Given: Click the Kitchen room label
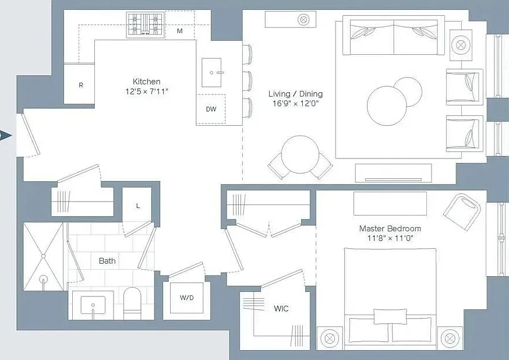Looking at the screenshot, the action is tap(146, 82).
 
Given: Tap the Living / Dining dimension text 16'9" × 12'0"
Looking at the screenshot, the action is tap(295, 104).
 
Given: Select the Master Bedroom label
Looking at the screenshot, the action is tap(390, 228).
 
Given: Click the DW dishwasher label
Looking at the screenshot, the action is tap(211, 109).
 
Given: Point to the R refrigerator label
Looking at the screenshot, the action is tap(81, 85).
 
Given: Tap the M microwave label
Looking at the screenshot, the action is tap(179, 31).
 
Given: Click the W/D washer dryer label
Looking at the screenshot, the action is tap(187, 297).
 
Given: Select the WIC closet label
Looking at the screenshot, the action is tap(281, 308).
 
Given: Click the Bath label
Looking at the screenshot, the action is tap(107, 261).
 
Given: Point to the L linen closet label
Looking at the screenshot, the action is tap(138, 206).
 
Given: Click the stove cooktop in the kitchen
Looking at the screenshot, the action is tap(145, 24).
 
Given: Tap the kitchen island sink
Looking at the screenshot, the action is tap(211, 73).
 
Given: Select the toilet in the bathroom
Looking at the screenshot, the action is tap(132, 303).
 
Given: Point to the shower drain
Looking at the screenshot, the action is tap(43, 279).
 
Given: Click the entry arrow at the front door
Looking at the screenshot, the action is tap(5, 135).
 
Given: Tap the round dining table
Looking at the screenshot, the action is tap(300, 154).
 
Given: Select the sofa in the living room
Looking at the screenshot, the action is tap(394, 35).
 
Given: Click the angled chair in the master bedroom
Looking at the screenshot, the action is tap(462, 211).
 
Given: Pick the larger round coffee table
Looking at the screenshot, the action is tap(387, 106).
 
